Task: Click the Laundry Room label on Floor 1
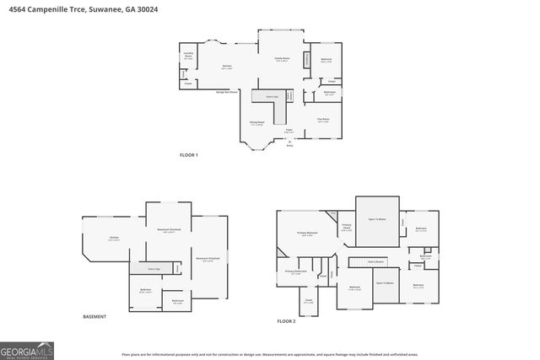point(188,56)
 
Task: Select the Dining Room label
point(256,124)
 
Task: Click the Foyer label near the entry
point(289,132)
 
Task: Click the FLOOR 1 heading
point(189,155)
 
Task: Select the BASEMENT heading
point(94,316)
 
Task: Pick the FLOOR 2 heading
point(287,321)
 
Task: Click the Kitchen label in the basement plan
point(114,239)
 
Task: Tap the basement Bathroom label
point(178,302)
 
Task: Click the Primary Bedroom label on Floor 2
point(306,234)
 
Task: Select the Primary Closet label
point(346,227)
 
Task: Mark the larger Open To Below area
point(376,218)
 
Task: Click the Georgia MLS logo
point(27,348)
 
